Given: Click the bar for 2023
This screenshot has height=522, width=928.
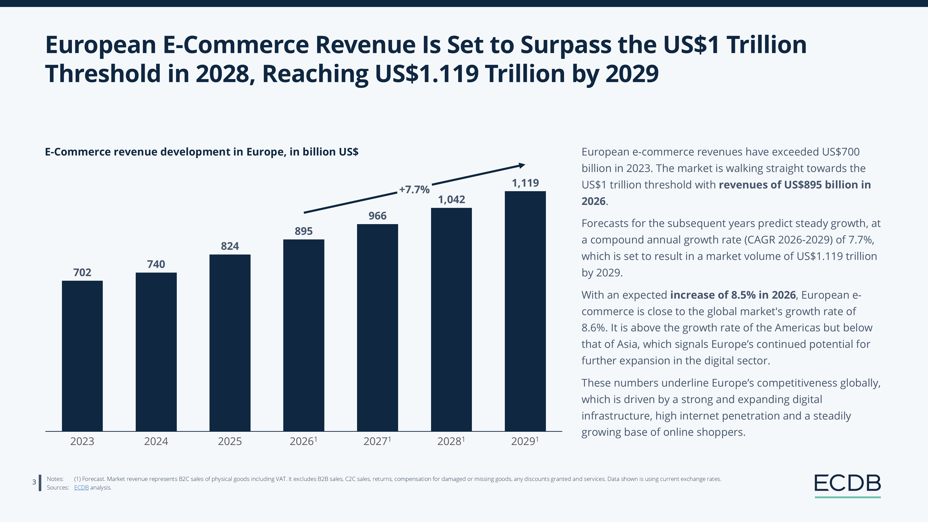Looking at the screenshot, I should [x=82, y=356].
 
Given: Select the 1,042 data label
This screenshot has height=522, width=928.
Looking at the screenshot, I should [x=451, y=200].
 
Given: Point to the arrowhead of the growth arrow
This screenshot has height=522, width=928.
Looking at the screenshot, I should [x=522, y=165].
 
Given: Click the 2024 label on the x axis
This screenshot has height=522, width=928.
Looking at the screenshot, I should [x=156, y=441].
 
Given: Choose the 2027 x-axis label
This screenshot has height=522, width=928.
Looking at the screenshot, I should [x=377, y=441].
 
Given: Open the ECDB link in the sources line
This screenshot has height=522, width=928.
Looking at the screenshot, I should [x=81, y=488].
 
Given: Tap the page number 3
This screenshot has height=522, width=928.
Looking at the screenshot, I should [x=34, y=482].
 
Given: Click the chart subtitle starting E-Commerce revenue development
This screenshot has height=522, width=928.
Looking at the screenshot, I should [x=201, y=152].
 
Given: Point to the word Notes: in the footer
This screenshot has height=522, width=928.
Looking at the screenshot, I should [x=55, y=479].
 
